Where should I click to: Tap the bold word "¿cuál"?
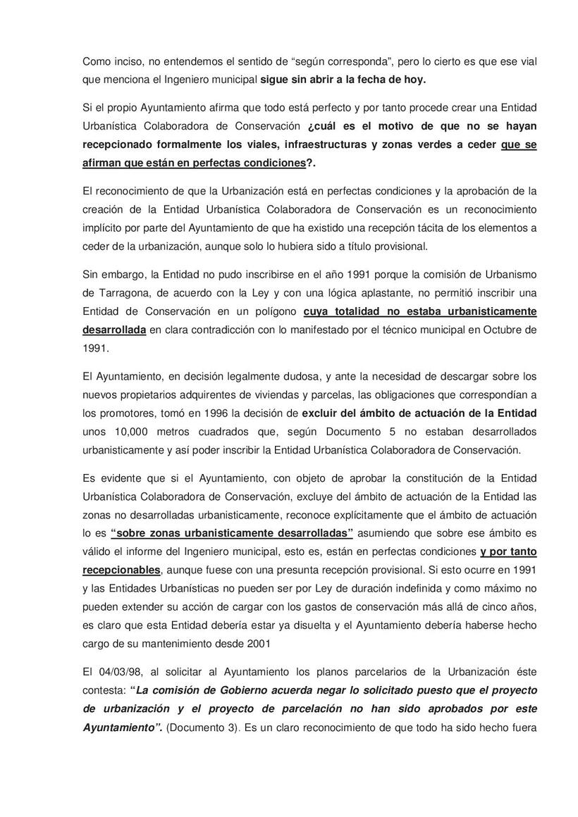tap(324, 126)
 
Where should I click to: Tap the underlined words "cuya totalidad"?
tap(344, 311)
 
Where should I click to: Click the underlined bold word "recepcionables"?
tap(121, 569)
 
